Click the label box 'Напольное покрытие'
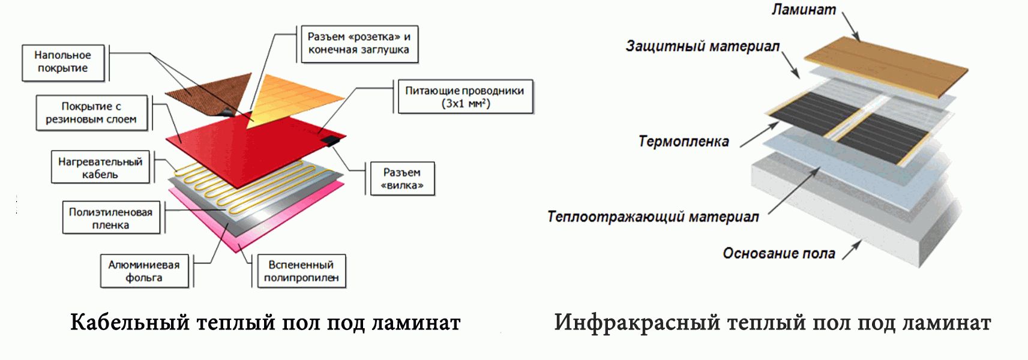coord(62,62)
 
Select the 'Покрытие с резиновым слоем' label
coord(91,113)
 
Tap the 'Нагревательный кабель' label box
coord(100,168)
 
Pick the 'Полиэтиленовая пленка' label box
coord(111,218)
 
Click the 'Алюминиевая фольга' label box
coord(144,271)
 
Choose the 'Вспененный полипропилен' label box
coord(301,271)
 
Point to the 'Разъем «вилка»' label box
coord(401,179)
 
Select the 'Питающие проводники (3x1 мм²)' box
coord(465,97)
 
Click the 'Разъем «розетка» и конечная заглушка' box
coord(358,44)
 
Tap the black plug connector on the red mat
coord(331,142)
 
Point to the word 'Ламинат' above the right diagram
coord(803,10)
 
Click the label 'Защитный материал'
coord(702,46)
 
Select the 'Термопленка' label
coord(684,142)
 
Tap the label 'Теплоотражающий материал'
coord(653,217)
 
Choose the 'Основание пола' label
coord(778,253)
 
